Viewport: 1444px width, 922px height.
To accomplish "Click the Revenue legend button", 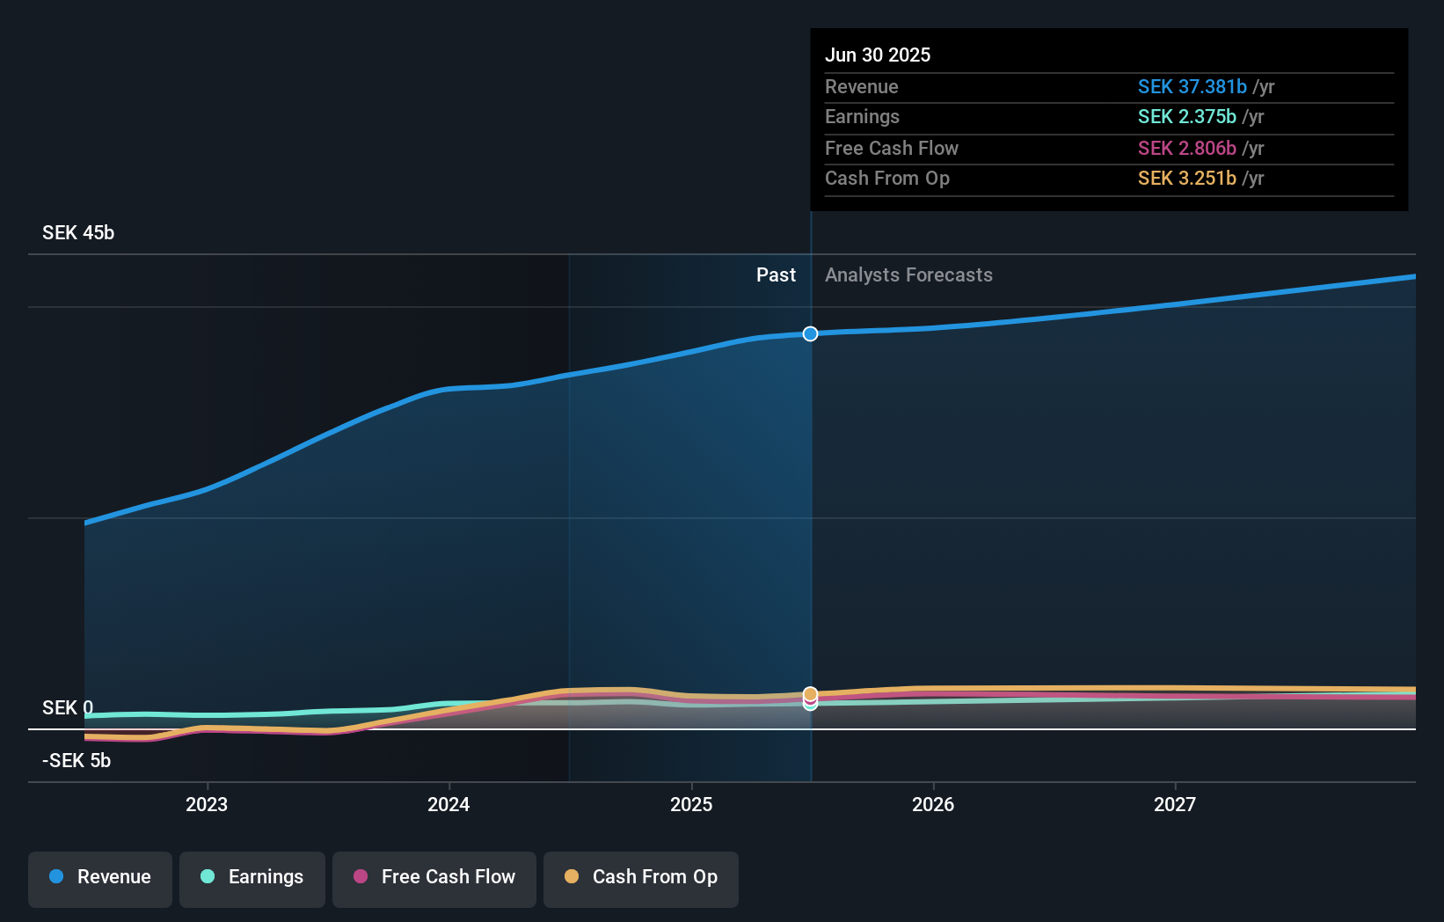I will pos(100,878).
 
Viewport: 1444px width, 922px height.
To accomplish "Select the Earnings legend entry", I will pos(252,878).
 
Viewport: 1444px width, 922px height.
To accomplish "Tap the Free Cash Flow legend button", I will pos(434,878).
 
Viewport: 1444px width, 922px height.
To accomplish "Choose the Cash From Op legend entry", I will pos(641,878).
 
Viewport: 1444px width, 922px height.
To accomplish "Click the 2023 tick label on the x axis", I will pos(207,804).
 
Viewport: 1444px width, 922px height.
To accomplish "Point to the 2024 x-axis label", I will pos(449,804).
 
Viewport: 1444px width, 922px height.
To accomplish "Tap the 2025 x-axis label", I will pos(691,804).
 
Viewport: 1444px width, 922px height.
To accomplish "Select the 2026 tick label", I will pos(933,804).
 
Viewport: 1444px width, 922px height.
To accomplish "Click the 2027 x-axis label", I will pos(1175,804).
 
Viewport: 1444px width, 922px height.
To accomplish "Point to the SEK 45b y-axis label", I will pos(78,233).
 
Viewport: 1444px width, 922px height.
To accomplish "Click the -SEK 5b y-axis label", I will pos(77,761).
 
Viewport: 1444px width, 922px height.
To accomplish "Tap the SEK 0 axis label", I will pos(68,708).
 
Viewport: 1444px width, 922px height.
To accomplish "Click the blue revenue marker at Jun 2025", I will pos(810,333).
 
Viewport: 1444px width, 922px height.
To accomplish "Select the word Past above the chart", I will pos(776,275).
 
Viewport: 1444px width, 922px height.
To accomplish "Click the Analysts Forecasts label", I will pos(908,275).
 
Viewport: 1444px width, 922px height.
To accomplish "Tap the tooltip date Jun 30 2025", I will pos(878,55).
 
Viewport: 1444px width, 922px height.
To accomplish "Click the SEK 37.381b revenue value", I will pos(1192,87).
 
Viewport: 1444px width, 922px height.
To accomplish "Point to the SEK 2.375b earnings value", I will pos(1186,117).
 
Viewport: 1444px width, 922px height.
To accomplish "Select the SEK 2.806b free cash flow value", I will pos(1186,149).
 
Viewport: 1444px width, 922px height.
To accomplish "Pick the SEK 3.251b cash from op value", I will pos(1186,179).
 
